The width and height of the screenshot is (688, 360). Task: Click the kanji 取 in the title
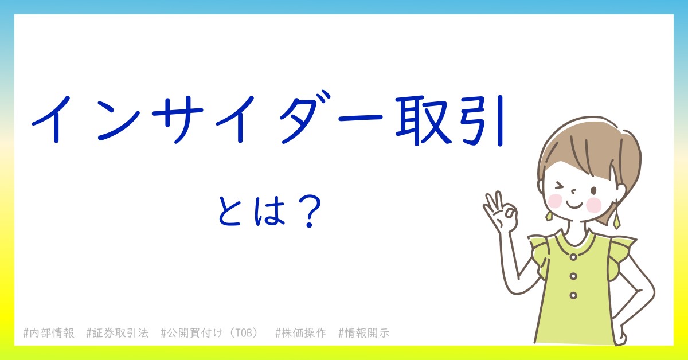click(424, 121)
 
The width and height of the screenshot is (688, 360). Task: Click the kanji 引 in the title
click(483, 121)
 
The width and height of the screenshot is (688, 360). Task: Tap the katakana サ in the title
click(178, 119)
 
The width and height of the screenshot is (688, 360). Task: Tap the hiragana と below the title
click(229, 211)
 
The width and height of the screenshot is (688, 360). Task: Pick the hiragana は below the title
click(269, 211)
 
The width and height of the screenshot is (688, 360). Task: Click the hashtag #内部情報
click(49, 333)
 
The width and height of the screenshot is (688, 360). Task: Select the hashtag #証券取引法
click(118, 333)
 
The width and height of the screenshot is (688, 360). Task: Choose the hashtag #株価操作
click(300, 333)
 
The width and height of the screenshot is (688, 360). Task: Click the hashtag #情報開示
click(363, 333)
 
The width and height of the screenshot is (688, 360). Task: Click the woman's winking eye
click(560, 186)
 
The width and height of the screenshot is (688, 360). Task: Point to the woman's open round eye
click(594, 191)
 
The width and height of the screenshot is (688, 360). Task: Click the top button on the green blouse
click(573, 257)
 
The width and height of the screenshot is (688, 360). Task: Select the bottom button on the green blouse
click(573, 295)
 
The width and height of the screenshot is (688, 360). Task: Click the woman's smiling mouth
click(574, 205)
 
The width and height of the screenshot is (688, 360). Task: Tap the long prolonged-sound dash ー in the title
click(360, 118)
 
